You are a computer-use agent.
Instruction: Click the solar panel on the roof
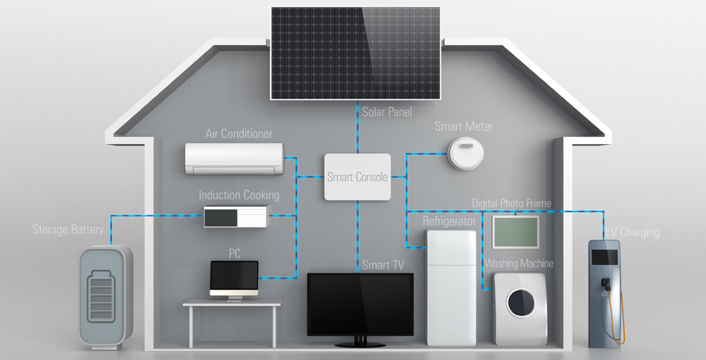355,53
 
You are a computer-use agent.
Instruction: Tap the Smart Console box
357,177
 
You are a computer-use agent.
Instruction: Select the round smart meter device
465,153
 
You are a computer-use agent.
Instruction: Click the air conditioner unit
235,159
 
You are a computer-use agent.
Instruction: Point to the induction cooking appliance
236,217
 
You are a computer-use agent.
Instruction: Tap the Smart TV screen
360,304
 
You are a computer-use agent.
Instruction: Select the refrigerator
451,287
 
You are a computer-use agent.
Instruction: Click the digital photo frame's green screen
516,232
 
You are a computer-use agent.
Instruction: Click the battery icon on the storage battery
102,296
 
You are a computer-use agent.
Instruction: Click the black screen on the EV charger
604,257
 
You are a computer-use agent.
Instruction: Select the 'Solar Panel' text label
387,111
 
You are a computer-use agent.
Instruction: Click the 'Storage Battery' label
68,230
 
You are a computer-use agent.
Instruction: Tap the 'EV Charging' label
633,232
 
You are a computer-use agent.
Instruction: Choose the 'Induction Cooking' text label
239,195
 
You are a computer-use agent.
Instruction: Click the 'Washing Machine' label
519,264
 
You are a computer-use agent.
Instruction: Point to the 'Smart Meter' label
464,127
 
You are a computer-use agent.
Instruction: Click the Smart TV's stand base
360,344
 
